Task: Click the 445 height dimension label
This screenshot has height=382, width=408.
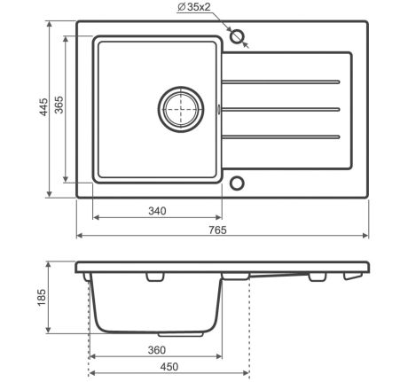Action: (x=43, y=107)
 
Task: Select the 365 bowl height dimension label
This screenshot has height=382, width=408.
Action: (x=59, y=105)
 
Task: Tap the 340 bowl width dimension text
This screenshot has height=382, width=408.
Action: (x=157, y=211)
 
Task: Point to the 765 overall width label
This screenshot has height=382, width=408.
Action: (x=217, y=230)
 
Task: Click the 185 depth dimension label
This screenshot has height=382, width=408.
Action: (x=42, y=298)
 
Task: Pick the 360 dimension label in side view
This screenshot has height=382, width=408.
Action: (x=157, y=350)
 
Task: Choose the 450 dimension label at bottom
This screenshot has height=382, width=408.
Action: (x=169, y=367)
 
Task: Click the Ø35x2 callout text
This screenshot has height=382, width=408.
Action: (x=194, y=7)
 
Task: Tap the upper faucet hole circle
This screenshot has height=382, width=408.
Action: (x=237, y=36)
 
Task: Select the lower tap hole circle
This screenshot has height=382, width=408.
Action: (x=237, y=183)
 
